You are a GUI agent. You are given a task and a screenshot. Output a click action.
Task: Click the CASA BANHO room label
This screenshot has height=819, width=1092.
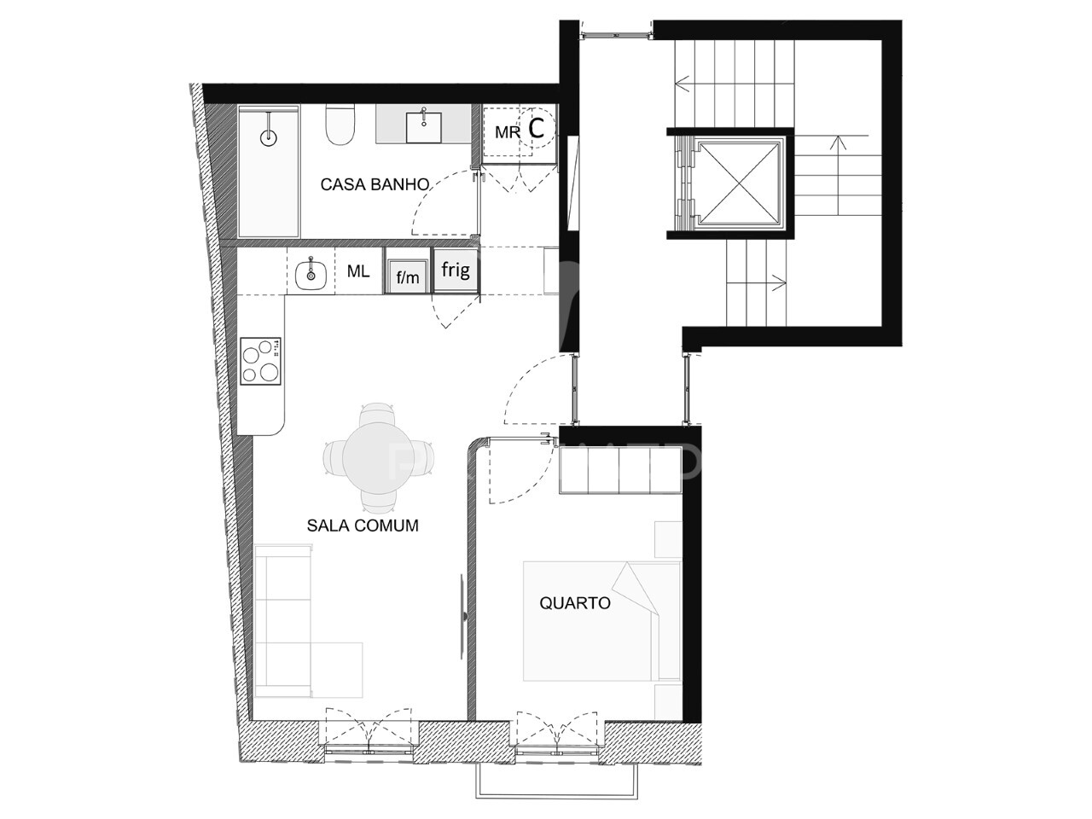[x=375, y=184]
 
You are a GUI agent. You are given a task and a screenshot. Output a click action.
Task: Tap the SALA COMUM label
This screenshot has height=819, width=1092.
[x=363, y=526]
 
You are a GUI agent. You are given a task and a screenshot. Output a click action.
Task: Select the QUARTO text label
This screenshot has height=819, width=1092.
[x=575, y=603]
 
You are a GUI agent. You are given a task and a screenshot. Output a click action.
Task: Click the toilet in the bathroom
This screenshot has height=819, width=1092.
[x=340, y=125]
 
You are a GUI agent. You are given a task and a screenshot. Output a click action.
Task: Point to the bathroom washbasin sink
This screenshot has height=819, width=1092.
[x=423, y=127]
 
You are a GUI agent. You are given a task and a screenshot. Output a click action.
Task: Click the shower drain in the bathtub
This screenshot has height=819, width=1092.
[x=269, y=137]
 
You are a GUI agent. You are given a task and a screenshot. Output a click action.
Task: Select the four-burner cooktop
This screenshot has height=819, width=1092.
[x=260, y=361]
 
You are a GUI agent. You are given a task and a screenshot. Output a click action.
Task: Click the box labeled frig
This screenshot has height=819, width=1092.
[x=456, y=270]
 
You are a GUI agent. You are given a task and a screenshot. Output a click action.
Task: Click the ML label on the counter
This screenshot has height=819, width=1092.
[x=358, y=271]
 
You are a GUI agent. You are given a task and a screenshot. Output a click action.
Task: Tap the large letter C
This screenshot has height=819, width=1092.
[x=536, y=128]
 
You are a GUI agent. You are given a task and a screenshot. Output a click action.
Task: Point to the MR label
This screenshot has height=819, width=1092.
[x=508, y=132]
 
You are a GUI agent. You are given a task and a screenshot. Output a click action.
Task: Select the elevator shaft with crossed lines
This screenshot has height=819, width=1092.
[x=738, y=183]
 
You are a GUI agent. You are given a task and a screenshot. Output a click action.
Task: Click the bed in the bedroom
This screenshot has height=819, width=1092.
[x=601, y=622]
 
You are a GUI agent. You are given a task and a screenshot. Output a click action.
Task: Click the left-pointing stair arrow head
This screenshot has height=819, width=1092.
[x=681, y=82]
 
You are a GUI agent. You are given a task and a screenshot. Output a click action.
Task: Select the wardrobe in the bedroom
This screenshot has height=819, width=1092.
[x=620, y=470]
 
